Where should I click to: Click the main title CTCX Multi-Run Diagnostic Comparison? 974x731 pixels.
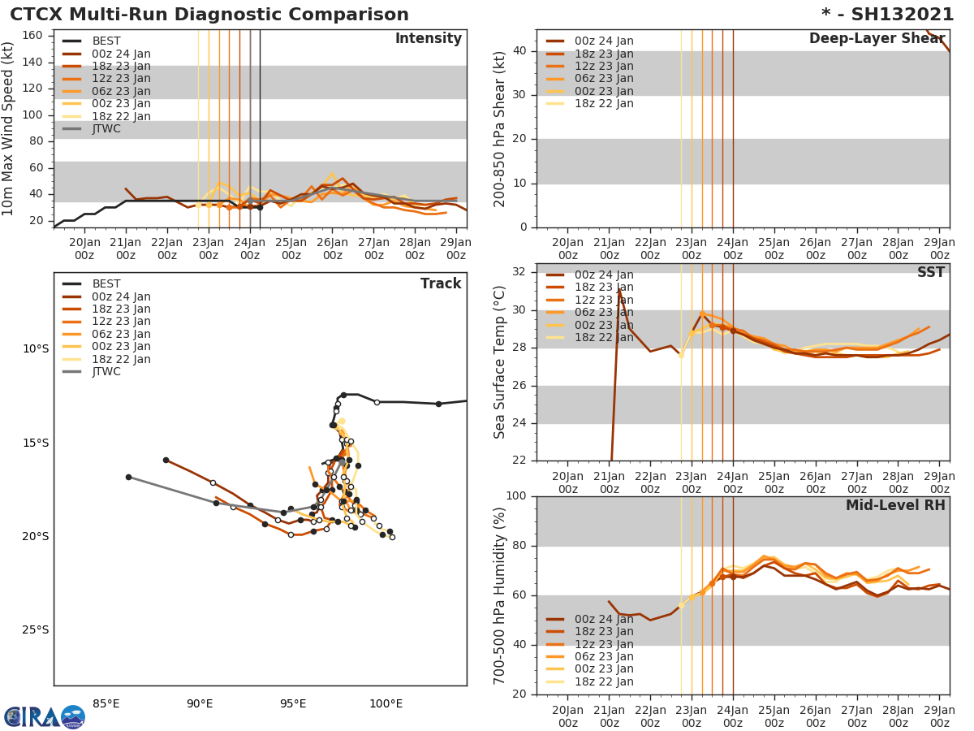pos(209,15)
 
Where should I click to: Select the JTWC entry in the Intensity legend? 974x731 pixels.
pos(106,128)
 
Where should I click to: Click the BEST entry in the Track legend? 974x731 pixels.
pos(106,283)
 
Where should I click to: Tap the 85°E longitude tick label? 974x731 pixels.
pos(106,703)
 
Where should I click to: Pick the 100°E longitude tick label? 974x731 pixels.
pos(386,703)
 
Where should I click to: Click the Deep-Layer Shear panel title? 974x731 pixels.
pos(877,39)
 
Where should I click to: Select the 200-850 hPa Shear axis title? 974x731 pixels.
pos(500,128)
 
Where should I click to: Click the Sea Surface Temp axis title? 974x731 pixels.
pos(500,361)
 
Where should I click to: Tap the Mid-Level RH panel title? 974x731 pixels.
pos(895,505)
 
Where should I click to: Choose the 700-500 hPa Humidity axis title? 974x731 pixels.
pos(500,595)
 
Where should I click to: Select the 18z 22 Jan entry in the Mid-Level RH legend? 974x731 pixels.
pos(604,681)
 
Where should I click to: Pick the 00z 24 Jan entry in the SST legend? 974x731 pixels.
pos(604,275)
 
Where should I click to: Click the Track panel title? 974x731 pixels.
pos(440,283)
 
